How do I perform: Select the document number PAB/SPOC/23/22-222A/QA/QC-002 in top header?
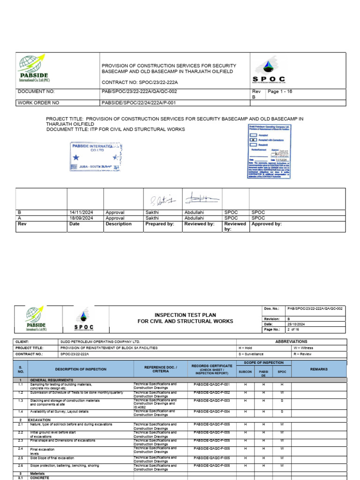[139, 92]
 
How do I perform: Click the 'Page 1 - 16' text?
[279, 92]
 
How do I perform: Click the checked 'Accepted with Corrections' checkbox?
[253, 140]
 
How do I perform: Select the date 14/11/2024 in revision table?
[81, 212]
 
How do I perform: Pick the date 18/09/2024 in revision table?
[81, 218]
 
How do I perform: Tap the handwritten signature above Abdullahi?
[199, 199]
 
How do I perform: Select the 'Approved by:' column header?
[267, 224]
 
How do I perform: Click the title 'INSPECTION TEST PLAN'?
[185, 315]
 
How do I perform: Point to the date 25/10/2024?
[297, 324]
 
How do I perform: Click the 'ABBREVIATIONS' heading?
[291, 342]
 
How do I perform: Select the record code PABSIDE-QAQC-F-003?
[211, 401]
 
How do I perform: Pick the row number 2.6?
[20, 465]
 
